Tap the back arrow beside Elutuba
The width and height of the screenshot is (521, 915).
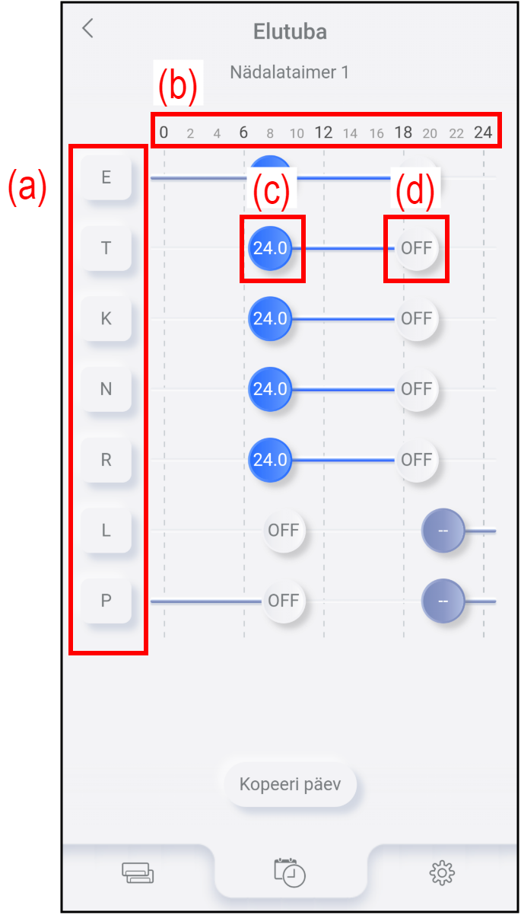tap(87, 28)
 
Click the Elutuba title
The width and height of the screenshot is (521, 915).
tap(290, 31)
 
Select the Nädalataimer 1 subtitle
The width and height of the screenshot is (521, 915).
tap(289, 72)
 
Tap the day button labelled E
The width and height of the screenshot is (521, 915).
tap(106, 177)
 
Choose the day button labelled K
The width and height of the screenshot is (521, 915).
tap(106, 318)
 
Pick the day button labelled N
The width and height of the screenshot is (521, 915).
tap(106, 389)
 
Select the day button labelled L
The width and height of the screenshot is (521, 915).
tap(106, 531)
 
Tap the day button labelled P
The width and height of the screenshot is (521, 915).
tap(106, 601)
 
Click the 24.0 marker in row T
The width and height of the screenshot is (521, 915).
tap(270, 248)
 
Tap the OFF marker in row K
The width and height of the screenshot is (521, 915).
tap(417, 319)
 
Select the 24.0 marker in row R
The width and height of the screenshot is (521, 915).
tap(270, 460)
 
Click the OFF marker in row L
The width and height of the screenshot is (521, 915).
tap(284, 531)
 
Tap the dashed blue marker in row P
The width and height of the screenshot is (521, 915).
tap(443, 601)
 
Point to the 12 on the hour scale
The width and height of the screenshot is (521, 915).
tap(323, 132)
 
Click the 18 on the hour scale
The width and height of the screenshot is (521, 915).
tap(403, 132)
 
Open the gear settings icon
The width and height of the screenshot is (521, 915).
tap(442, 873)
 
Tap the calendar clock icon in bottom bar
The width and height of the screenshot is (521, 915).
tap(290, 872)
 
